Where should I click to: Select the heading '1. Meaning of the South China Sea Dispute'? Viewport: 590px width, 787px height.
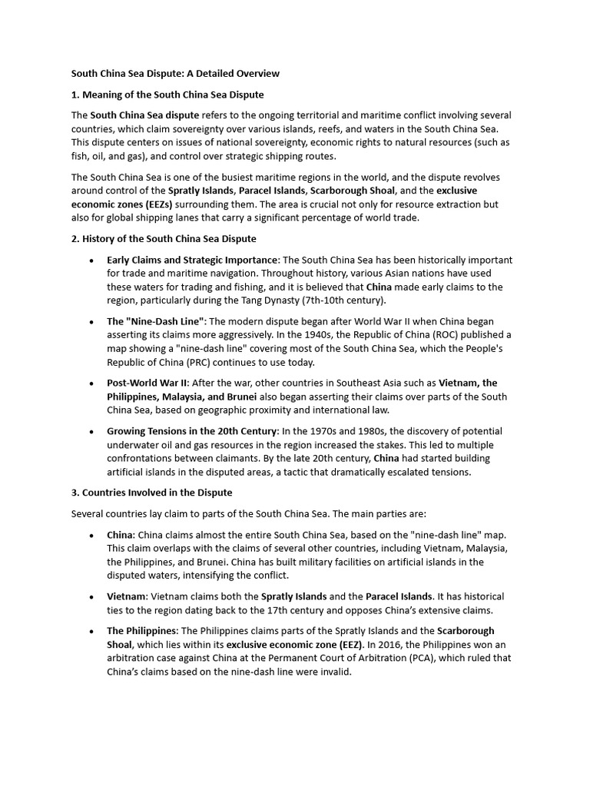point(167,95)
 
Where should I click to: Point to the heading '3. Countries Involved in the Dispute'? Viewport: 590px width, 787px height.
point(152,492)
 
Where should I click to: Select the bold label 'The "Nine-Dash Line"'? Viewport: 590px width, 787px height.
point(156,321)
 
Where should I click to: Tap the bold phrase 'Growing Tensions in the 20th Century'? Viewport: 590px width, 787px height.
point(192,431)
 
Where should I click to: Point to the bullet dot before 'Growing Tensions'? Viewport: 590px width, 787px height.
point(91,432)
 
